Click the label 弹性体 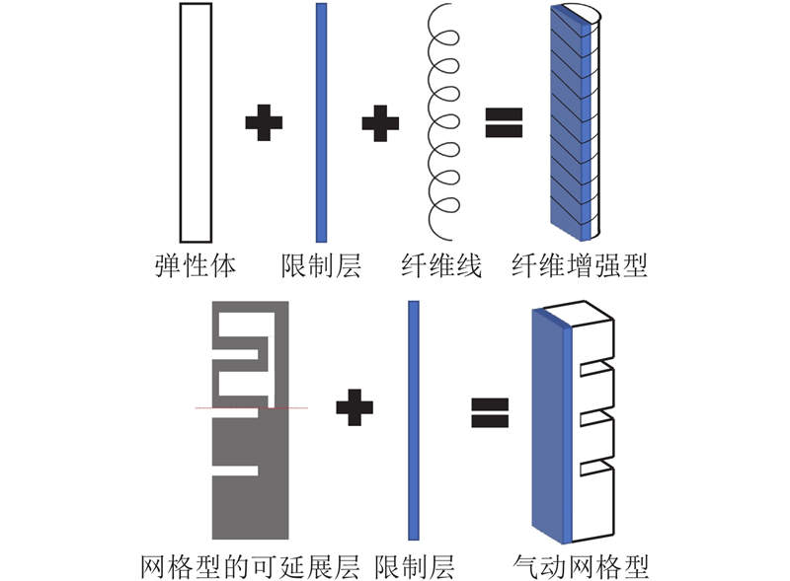coord(194,265)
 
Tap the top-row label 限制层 coord(321,265)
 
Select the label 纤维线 coord(441,265)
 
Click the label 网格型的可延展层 coord(254,566)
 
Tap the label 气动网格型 coord(582,566)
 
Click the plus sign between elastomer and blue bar coord(264,122)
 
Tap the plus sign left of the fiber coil coord(380,122)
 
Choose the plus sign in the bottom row coord(355,408)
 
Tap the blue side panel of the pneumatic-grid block coord(549,424)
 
